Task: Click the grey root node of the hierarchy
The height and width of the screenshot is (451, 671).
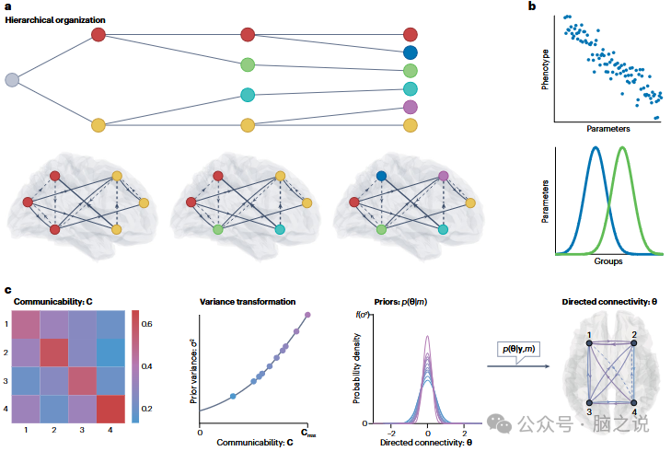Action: coord(12,80)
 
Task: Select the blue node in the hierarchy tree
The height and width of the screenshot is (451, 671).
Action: coord(411,52)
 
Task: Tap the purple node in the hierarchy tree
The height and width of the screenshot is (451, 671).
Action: coord(411,108)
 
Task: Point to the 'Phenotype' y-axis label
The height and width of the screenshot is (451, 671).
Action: coord(545,69)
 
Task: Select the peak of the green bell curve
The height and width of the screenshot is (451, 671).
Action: coord(623,148)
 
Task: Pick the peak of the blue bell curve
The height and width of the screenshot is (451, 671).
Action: coord(595,148)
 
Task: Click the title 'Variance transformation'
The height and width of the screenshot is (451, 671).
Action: coord(249,300)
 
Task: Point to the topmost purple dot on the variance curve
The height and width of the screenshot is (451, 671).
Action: coord(307,316)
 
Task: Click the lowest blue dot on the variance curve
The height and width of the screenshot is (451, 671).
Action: coord(232,396)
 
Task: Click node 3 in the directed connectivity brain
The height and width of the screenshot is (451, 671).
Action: coord(587,403)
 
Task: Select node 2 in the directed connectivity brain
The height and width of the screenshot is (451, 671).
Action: coord(633,344)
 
